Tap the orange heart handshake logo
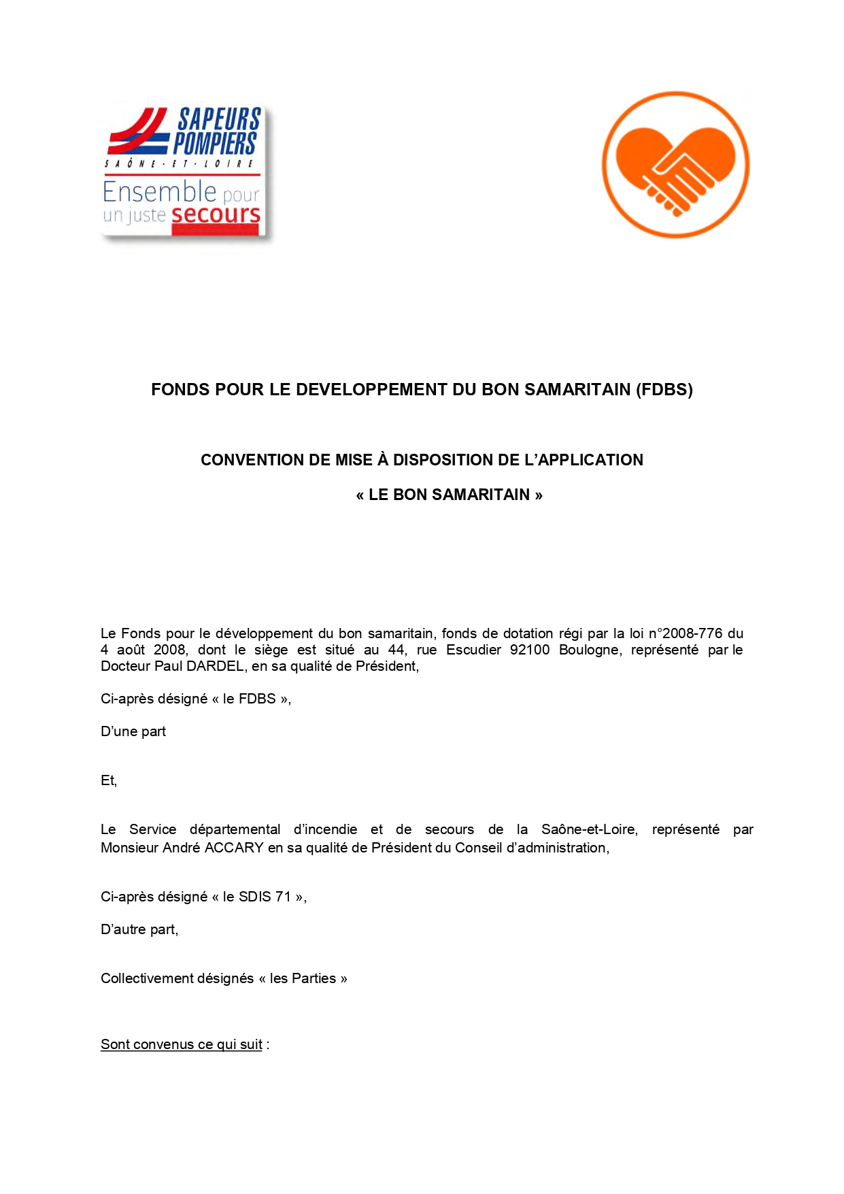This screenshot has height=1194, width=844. click(675, 165)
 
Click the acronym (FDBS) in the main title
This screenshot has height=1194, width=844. click(664, 390)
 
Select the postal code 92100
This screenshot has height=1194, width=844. click(529, 650)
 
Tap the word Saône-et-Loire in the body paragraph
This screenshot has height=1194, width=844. click(589, 830)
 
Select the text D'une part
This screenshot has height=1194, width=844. click(133, 732)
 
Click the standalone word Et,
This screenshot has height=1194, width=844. click(109, 781)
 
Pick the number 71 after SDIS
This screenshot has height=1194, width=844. click(283, 897)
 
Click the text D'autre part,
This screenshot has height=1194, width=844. click(139, 930)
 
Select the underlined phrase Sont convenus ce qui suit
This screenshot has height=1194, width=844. click(182, 1045)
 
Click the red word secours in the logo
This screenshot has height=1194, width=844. click(216, 215)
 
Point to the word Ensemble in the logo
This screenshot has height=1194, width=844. click(159, 193)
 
